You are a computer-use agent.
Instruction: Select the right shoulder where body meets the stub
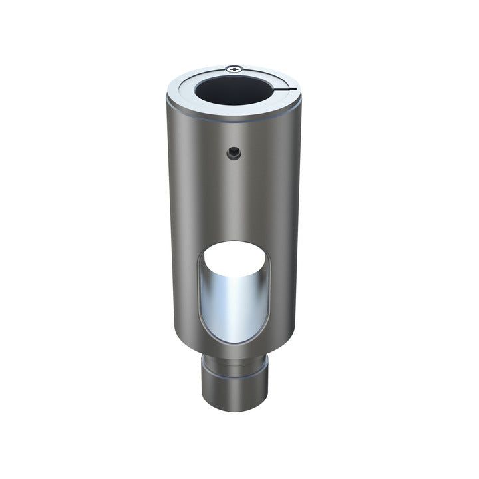[x=274, y=354]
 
